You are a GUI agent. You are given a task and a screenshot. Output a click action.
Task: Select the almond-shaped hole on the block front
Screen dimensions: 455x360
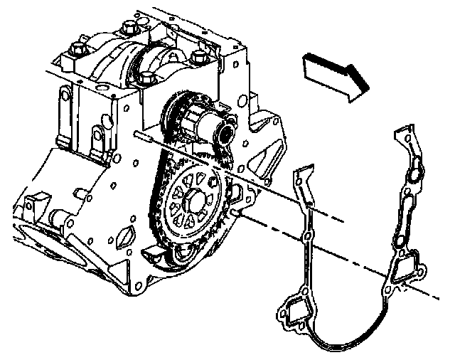point(127,235)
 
